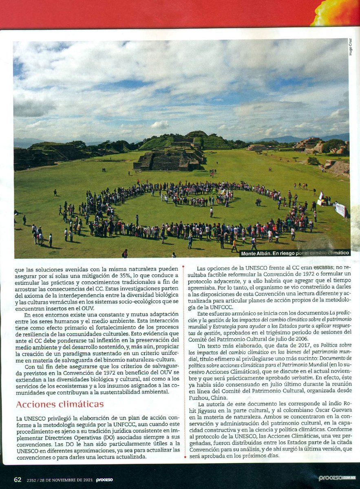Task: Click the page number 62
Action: coord(18,480)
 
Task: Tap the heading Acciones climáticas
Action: coord(60,404)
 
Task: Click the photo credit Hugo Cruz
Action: coord(351,47)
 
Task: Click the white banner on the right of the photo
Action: coord(340,209)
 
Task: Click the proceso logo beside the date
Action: coord(104,480)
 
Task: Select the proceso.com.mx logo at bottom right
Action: coord(337,478)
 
